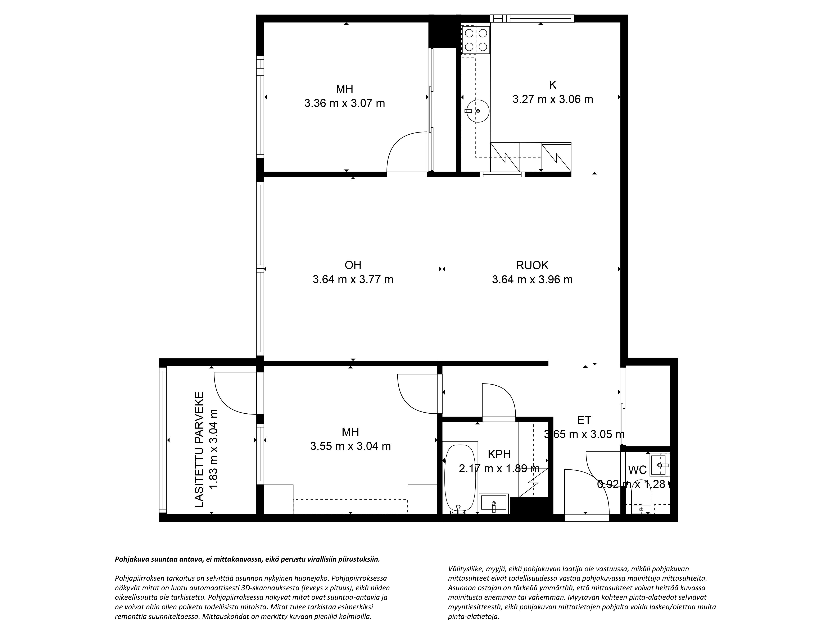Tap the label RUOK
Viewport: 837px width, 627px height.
pos(532,265)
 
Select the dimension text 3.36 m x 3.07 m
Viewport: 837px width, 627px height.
pos(344,103)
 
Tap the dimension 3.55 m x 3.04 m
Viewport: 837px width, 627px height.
pos(350,446)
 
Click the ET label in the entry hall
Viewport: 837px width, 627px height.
pos(584,420)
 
